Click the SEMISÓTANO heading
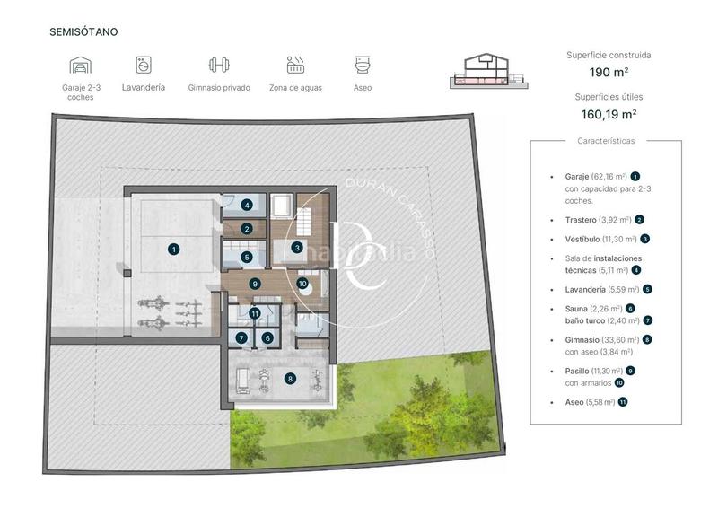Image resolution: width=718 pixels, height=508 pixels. coord(83,31)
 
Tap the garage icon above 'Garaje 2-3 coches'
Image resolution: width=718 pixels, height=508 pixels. coord(80,66)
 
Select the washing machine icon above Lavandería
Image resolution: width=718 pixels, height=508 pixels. coord(144,66)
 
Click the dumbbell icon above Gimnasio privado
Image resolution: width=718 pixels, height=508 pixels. coord(219,66)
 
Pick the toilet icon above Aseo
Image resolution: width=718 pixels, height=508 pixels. coord(363,66)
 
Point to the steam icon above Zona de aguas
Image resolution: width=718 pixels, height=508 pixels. coord(296,66)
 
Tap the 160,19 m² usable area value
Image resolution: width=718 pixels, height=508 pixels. coord(609,114)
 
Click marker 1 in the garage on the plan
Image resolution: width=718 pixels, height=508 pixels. coord(174,249)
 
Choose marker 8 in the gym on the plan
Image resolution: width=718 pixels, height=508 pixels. coord(290,379)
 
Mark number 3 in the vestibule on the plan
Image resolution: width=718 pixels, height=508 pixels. coord(297,248)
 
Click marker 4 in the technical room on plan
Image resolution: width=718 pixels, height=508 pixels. coord(247,204)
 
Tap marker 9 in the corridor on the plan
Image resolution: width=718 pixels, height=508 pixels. coord(255,284)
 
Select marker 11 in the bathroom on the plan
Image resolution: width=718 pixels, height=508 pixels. coord(256,313)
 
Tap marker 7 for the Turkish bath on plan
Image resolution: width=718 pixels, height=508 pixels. coord(241,338)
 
